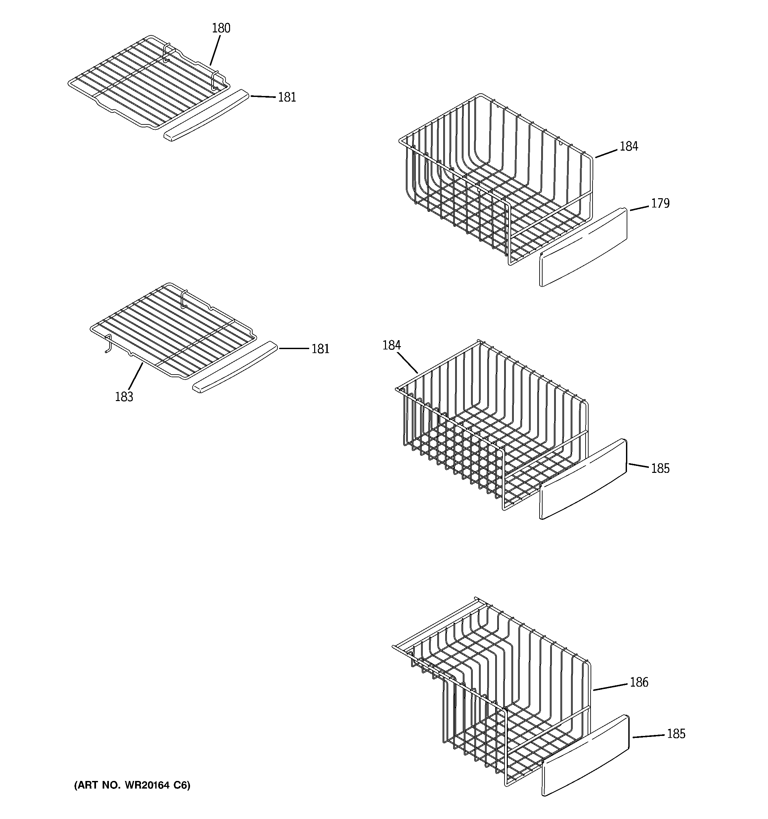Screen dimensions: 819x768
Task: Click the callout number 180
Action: pos(221,28)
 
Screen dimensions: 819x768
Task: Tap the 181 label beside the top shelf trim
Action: pos(287,97)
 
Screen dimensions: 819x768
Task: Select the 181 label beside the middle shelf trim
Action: pos(320,349)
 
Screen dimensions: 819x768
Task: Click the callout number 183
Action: pos(124,397)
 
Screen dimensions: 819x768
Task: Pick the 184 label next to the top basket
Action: pos(629,146)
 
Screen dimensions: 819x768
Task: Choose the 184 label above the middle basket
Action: pos(391,345)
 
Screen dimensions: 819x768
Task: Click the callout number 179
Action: pos(660,204)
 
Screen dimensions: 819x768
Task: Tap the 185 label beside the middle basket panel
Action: pos(660,469)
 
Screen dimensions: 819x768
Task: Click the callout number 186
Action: pos(639,683)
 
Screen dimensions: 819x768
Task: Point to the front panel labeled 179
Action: pos(583,247)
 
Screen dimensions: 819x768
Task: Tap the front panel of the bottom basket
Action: pos(585,756)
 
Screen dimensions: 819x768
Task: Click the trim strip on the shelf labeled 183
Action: pos(234,367)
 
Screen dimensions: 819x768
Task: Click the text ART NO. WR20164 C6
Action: pos(132,785)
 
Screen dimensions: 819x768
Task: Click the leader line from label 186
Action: pos(610,687)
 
